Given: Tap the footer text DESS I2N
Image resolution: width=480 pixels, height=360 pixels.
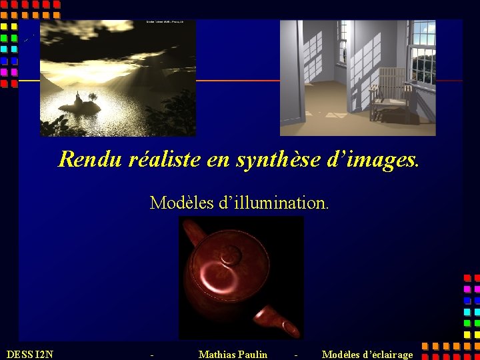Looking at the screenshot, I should click(29, 354).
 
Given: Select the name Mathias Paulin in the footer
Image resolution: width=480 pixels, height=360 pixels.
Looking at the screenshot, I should click(233, 354).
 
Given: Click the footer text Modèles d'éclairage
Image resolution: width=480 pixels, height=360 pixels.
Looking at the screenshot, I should click(367, 354).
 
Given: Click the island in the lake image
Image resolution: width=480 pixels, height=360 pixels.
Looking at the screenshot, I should click(80, 105).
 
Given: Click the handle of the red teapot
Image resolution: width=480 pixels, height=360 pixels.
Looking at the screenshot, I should click(193, 233).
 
